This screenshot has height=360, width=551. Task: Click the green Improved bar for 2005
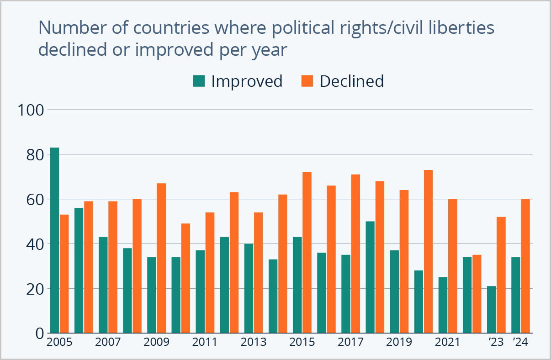54,240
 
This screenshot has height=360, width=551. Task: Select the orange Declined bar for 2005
64,274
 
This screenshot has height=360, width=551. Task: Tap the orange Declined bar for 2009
161,258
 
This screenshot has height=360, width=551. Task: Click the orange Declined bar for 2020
428,252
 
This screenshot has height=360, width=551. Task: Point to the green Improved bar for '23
491,310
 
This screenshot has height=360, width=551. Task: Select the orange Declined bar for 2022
477,294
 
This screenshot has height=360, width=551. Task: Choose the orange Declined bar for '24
525,266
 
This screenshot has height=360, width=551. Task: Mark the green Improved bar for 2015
297,285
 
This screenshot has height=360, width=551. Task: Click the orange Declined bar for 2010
185,278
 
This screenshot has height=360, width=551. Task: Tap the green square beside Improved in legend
199,81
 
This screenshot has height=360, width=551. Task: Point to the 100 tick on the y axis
30,110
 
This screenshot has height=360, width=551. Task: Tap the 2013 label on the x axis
254,342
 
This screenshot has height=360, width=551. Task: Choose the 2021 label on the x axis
447,342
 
